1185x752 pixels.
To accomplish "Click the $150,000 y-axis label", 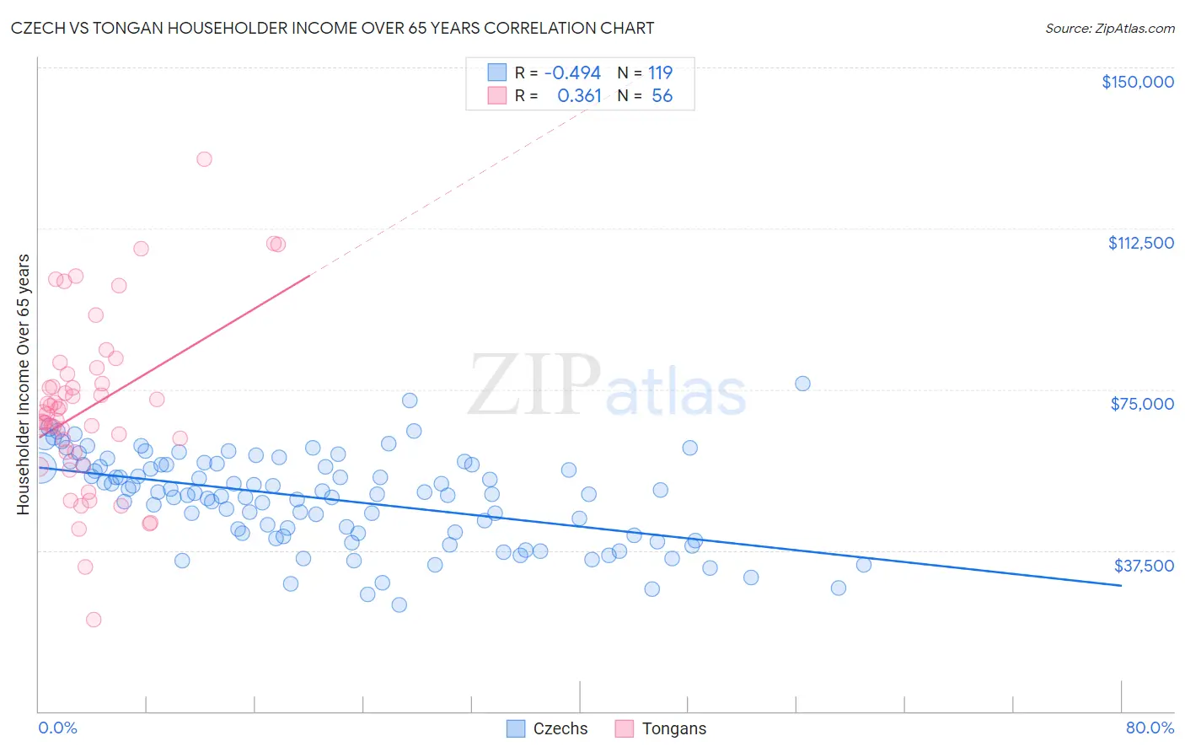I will [1137, 82].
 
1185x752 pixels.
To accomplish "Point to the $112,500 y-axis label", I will [1140, 243].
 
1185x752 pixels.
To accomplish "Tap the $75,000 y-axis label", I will [1142, 404].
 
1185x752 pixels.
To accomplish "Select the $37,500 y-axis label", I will [1144, 566].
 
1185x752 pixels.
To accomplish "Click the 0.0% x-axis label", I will [57, 728].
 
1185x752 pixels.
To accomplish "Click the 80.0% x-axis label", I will [1150, 728].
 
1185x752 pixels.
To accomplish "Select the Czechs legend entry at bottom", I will [548, 728].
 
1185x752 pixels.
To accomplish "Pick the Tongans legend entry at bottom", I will [662, 728].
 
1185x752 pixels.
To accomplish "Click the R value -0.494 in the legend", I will [572, 73].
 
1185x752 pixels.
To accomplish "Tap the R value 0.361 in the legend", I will [579, 96].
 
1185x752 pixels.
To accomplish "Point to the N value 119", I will [660, 73].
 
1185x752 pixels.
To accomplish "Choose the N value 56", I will [662, 96].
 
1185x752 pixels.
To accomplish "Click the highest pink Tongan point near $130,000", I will [204, 158].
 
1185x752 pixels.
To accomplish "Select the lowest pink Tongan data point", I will [94, 620].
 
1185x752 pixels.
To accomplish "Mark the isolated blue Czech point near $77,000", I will [802, 384].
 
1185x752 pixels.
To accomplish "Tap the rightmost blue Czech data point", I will [864, 565].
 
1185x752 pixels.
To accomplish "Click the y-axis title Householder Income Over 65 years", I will [23, 384].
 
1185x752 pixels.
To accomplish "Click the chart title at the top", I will [332, 28].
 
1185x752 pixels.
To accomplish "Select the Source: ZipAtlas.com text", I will [1109, 28].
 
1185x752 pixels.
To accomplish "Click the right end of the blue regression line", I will [1120, 585].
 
